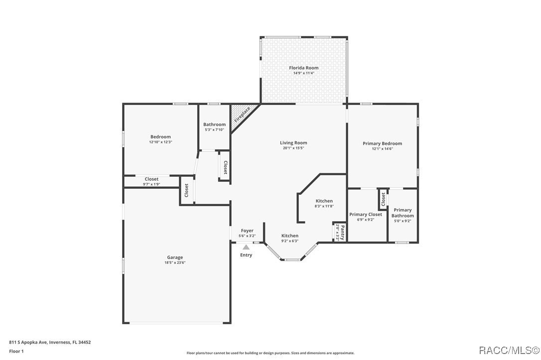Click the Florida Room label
tap(303, 68)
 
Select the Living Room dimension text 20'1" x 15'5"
tap(293, 148)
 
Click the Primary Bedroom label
tap(382, 143)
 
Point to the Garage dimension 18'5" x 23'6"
tap(174, 263)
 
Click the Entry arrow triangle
tap(246, 246)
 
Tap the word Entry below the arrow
tap(246, 255)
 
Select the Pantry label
tap(342, 230)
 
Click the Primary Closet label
tap(366, 214)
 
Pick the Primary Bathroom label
tap(403, 213)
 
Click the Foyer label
tap(247, 231)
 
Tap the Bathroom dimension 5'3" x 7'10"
tap(214, 130)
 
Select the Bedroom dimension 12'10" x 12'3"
tap(160, 142)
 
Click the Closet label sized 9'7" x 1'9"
tap(151, 179)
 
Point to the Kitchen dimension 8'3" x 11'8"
tap(324, 206)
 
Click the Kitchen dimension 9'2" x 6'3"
tap(290, 241)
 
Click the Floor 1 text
tap(16, 351)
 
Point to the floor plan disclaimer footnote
tap(270, 353)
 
